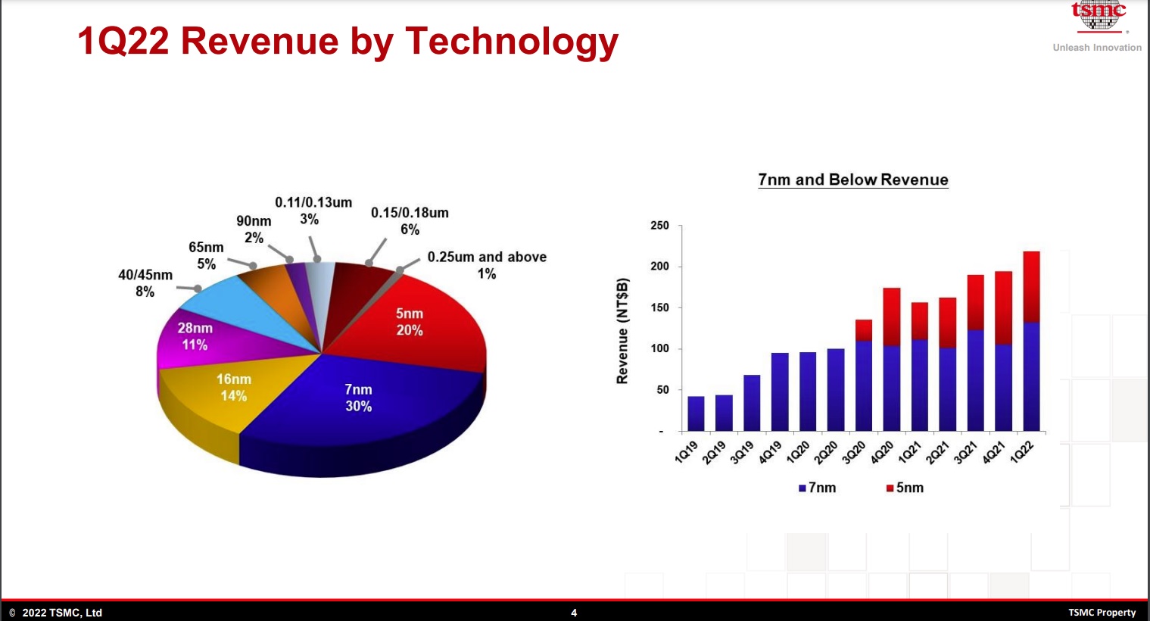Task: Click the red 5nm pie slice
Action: pos(424,318)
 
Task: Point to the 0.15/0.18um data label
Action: pos(410,221)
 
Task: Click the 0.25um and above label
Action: pos(487,265)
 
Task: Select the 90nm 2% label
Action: pos(254,229)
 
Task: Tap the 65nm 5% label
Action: pos(206,256)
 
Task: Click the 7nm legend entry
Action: pos(818,488)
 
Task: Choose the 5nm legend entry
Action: pos(905,488)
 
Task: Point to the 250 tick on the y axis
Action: pos(659,226)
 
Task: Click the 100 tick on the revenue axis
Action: pos(659,349)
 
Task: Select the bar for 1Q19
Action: pos(696,413)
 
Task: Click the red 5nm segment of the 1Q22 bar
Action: pos(1031,287)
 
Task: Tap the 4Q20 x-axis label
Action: pos(881,452)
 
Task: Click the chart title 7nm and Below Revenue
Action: pos(853,179)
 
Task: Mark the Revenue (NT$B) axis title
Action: pos(622,331)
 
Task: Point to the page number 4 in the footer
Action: pos(574,613)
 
